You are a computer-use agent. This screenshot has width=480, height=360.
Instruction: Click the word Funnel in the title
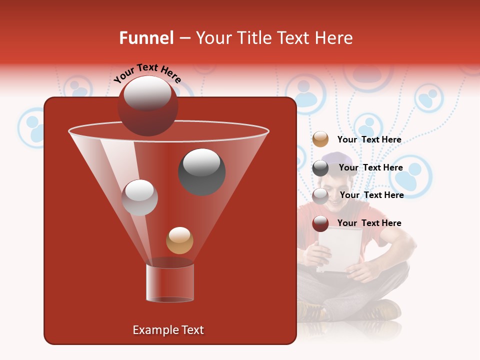[146, 38]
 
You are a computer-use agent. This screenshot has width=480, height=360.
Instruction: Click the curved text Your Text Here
[147, 73]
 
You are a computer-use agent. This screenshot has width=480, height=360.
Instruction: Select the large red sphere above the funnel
[147, 105]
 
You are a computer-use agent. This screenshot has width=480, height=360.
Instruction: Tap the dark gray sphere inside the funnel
[201, 171]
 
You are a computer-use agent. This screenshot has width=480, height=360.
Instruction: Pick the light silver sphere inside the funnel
[139, 197]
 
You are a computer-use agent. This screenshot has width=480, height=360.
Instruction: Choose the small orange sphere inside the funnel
[179, 240]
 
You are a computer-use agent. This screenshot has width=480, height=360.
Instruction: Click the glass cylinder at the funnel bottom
[170, 283]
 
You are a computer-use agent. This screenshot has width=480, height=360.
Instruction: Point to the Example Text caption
[168, 330]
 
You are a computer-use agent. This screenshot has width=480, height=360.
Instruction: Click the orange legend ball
[320, 139]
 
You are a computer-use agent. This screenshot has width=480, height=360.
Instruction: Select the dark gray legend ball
[320, 168]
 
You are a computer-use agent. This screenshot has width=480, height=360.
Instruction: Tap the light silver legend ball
[320, 195]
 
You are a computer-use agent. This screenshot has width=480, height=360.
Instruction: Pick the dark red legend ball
[320, 223]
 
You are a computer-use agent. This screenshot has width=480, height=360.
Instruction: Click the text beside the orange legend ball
[369, 139]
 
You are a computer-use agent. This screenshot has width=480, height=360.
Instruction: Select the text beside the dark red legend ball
[369, 223]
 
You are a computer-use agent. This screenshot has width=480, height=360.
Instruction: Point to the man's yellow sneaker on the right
[382, 310]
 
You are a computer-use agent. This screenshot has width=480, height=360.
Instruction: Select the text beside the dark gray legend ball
[370, 167]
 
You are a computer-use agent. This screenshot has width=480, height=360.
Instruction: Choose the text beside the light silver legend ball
[371, 195]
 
